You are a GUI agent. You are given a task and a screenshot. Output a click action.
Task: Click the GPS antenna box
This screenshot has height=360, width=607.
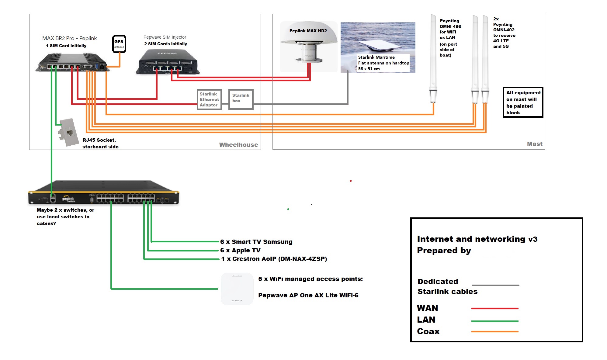119,44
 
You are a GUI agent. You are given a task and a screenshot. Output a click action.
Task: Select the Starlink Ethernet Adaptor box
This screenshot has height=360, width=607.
209,99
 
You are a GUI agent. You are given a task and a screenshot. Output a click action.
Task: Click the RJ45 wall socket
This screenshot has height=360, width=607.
68,132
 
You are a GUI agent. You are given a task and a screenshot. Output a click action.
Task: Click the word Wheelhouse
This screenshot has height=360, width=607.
238,145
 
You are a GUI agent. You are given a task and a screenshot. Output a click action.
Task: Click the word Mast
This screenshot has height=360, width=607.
534,144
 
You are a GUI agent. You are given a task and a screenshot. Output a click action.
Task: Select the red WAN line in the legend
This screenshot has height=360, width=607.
494,308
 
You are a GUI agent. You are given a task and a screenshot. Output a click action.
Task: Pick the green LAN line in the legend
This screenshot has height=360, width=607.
494,321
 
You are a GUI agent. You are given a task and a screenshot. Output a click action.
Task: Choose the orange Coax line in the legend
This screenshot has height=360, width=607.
494,331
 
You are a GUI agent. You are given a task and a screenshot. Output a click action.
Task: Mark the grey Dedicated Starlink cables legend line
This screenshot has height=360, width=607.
495,285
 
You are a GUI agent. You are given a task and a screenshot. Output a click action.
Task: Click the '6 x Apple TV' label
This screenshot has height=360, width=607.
240,250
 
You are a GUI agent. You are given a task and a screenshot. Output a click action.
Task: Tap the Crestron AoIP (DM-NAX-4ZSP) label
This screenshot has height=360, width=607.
274,259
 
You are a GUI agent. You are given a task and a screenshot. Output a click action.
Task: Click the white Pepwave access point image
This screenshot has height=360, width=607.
237,289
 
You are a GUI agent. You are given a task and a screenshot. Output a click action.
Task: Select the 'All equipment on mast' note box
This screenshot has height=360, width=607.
523,102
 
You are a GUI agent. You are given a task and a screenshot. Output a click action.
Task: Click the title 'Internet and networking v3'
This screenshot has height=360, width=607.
477,239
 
